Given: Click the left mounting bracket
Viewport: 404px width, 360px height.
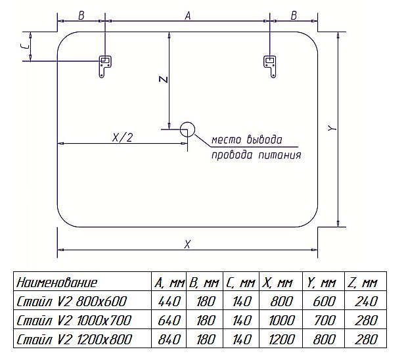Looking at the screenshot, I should [x=104, y=66].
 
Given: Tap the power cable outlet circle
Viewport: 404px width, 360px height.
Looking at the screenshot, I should [x=187, y=129].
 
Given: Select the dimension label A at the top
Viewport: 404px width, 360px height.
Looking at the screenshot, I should [x=187, y=18].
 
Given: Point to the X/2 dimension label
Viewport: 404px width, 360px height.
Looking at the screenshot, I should [x=123, y=137].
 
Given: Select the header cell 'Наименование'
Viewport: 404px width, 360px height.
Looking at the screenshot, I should [x=57, y=283].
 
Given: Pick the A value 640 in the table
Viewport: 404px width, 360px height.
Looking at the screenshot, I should [x=167, y=321].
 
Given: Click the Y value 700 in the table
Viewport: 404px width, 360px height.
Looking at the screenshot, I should [x=322, y=321].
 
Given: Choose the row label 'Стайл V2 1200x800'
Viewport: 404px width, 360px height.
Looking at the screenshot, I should [x=74, y=340].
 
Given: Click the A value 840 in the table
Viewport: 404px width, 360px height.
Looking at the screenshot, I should [x=167, y=340].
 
